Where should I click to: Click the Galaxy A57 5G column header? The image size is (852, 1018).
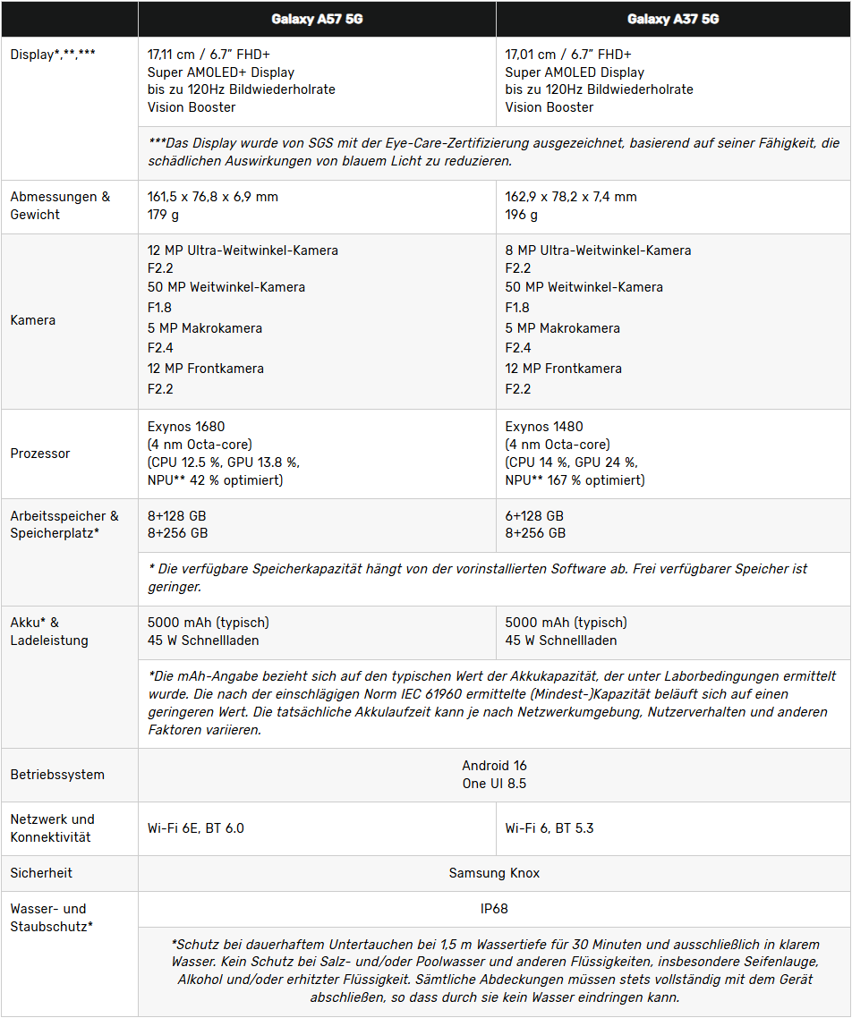pos(317,19)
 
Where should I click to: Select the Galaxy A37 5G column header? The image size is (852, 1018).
pos(673,19)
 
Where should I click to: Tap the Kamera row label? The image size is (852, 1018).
pos(33,320)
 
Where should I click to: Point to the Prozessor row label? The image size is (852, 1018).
pos(40,454)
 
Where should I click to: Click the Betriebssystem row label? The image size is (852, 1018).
pos(57,775)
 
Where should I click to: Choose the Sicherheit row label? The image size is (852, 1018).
pos(41,873)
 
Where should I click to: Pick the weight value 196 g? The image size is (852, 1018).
pos(522,215)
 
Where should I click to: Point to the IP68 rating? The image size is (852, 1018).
pos(494,909)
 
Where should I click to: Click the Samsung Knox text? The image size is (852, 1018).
pos(494,873)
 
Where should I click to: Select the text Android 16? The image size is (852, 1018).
pos(494,766)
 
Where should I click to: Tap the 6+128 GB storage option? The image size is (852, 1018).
pos(534,516)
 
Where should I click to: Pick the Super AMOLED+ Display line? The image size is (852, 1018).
pos(221,72)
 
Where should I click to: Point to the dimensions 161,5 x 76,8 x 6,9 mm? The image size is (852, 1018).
pos(213,197)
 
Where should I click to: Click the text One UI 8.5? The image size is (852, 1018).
pos(494,784)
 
